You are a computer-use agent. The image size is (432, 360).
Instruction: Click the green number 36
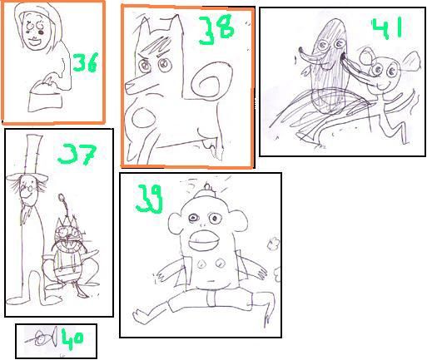[x=85, y=62]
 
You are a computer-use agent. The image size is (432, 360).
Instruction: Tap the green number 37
[x=77, y=154]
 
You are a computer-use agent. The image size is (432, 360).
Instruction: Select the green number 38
[x=216, y=30]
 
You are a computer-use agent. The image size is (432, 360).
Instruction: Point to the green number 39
[x=149, y=199]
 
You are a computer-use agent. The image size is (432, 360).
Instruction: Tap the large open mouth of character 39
[x=203, y=240]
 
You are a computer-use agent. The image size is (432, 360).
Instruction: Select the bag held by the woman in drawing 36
[x=45, y=96]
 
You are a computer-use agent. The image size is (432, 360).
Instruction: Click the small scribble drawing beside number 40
[x=42, y=338]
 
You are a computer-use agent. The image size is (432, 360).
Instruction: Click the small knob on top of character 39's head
[x=207, y=188]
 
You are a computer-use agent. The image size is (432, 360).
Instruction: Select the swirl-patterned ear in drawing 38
[x=210, y=81]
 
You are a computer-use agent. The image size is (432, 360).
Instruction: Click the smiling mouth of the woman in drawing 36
[x=36, y=42]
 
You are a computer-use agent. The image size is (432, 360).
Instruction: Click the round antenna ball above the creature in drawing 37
[x=62, y=197]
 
